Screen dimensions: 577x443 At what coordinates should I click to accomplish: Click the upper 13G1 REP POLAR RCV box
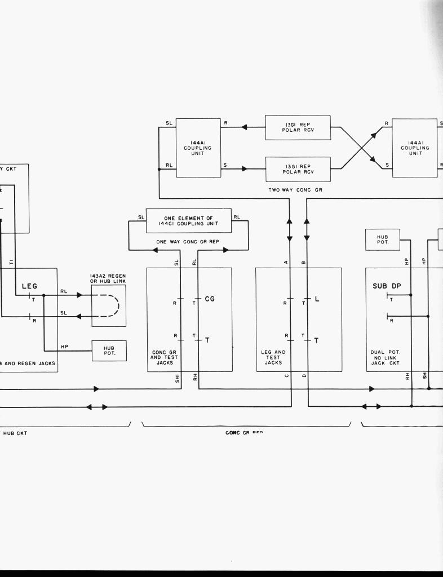298,127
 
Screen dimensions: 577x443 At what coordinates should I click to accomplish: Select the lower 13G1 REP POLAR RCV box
298,168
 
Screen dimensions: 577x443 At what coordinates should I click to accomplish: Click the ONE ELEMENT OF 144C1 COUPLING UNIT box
189,220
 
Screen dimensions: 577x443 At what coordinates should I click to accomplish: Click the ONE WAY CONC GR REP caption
188,242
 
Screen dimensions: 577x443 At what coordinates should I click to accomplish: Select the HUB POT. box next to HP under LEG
109,350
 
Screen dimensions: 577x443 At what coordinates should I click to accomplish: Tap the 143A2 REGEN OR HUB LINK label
108,278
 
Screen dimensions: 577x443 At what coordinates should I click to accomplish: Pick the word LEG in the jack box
29,286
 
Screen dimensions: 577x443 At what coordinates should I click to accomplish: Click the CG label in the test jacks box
210,299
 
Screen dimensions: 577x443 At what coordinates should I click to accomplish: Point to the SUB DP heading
387,286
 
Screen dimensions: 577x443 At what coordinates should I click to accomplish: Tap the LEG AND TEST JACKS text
273,357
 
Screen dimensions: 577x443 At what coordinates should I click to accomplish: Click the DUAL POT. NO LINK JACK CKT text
386,357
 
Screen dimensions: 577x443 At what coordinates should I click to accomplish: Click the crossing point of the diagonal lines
361,148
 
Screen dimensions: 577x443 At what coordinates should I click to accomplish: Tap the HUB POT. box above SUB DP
383,239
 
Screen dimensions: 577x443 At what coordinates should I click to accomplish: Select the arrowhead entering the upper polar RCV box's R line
244,127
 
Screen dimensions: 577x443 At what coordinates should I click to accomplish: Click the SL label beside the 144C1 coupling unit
141,218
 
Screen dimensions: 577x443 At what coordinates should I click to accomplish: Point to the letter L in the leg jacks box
317,299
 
